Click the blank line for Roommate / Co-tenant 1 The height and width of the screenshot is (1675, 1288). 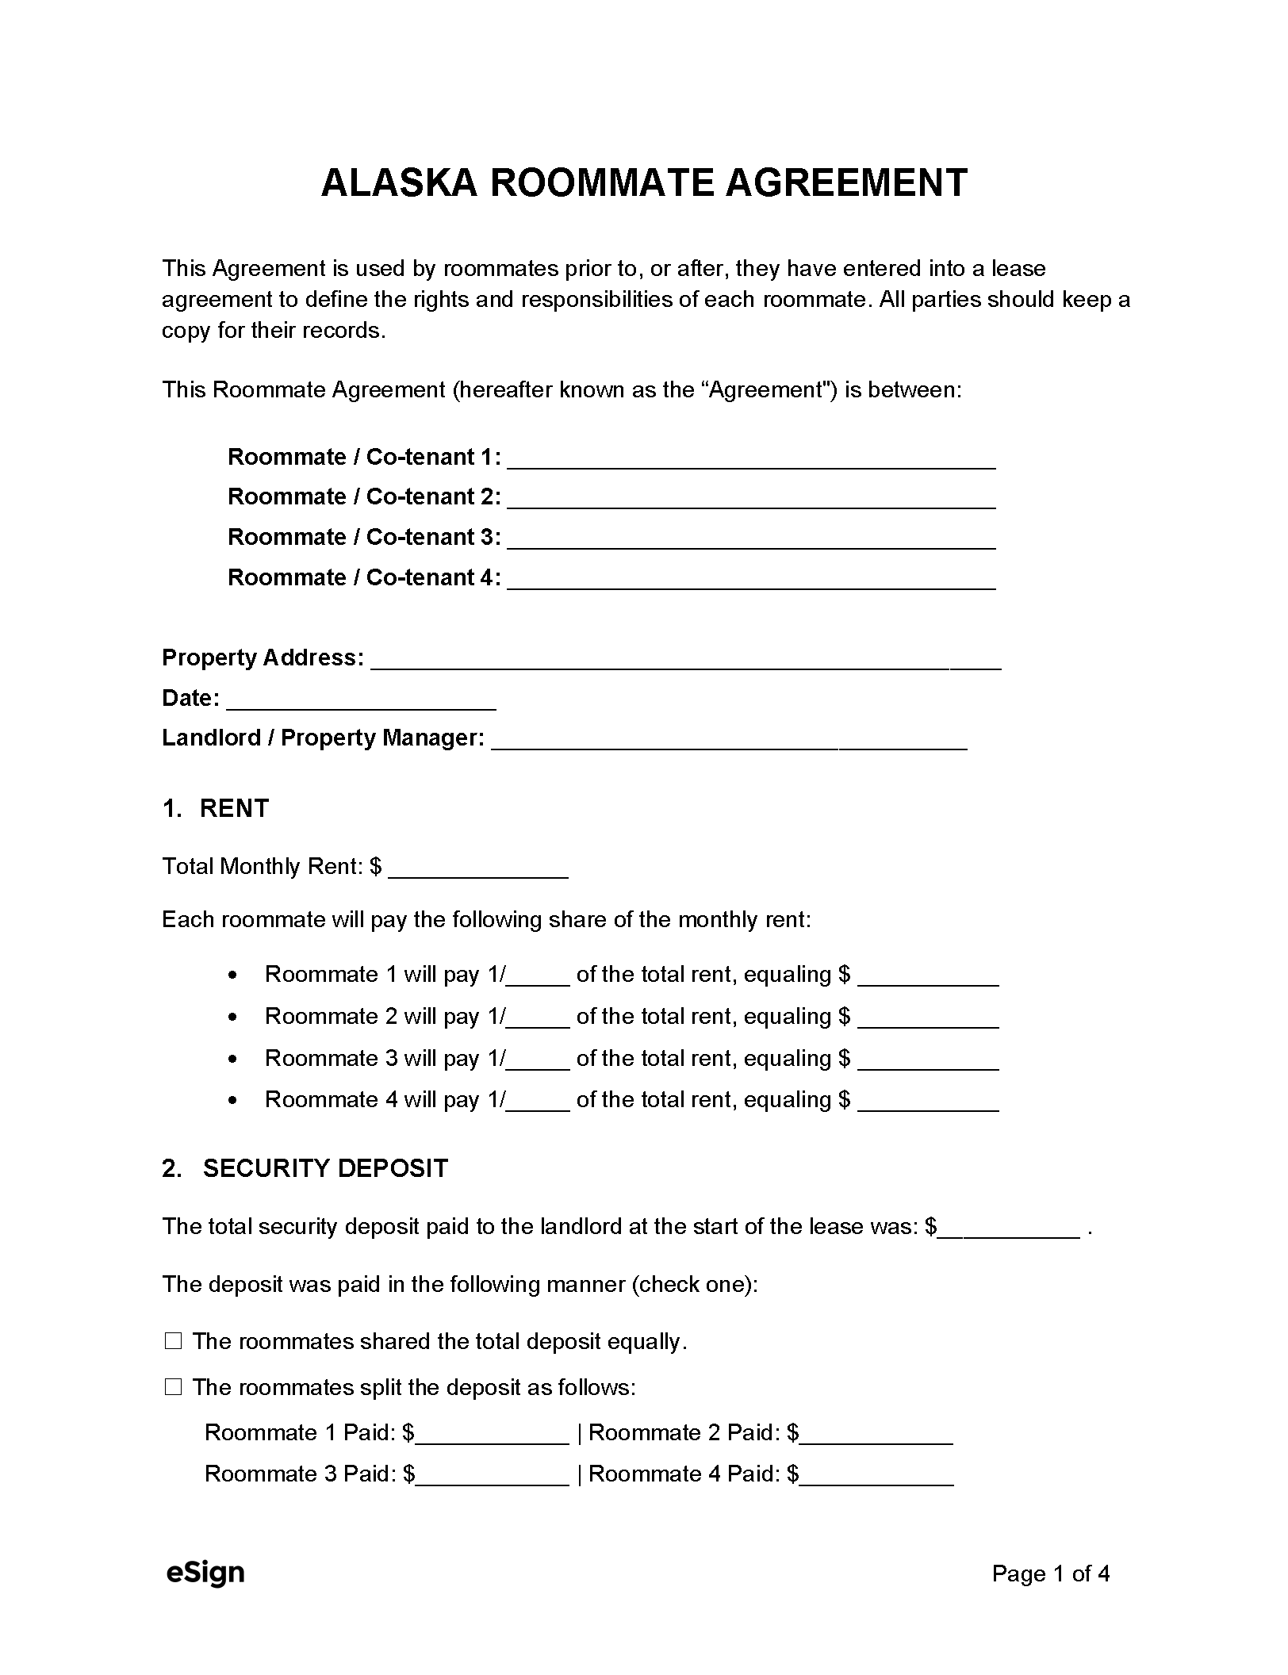(750, 460)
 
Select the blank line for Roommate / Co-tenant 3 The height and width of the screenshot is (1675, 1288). (750, 540)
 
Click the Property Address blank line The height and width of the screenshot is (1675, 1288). (685, 661)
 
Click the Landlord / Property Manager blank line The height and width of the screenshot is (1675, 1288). (728, 741)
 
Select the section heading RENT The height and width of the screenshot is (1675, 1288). (234, 808)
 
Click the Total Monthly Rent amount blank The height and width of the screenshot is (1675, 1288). (478, 869)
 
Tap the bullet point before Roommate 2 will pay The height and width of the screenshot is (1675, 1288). (232, 1017)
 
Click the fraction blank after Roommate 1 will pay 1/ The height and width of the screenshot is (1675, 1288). (538, 976)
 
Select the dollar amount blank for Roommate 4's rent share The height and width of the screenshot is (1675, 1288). (927, 1102)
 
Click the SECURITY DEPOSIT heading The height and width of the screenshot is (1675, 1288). (325, 1168)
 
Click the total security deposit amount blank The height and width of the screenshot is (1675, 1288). (1009, 1229)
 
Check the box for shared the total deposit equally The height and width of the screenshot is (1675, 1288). (173, 1342)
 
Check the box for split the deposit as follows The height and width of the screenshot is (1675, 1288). (173, 1387)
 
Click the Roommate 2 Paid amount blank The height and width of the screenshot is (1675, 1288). (876, 1435)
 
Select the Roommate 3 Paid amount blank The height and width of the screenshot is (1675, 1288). (492, 1477)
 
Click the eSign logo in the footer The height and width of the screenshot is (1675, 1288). (205, 1573)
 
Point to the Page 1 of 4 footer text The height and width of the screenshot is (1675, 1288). (1050, 1573)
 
